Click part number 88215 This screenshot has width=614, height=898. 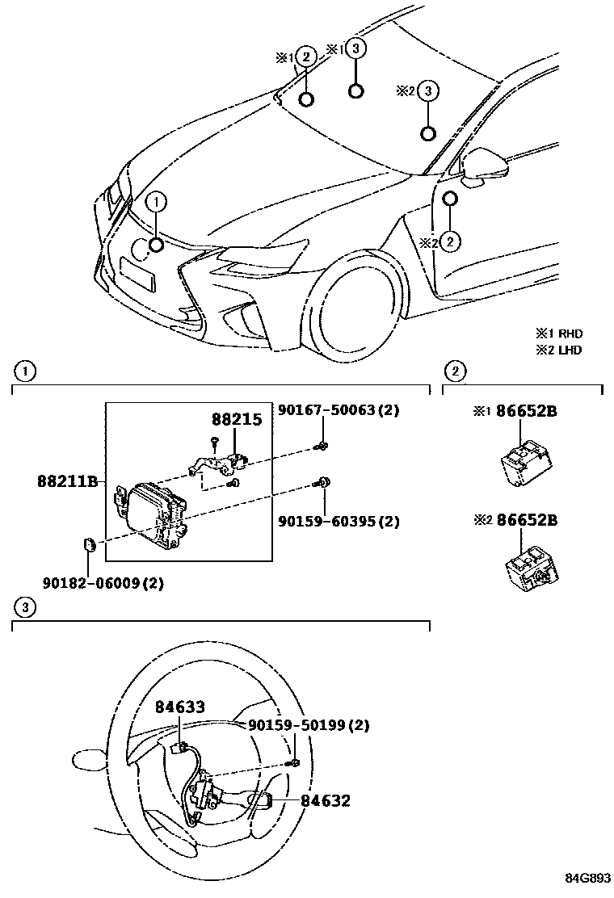coord(237,421)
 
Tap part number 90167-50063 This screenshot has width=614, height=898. coord(339,410)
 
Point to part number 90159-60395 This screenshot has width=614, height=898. coord(339,522)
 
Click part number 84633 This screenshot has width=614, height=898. coord(180,707)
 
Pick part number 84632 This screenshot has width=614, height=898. coord(326,801)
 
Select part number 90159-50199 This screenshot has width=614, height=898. coord(309,725)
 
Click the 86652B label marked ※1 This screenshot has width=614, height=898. coord(526,412)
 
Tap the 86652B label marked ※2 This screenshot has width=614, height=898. coord(526,520)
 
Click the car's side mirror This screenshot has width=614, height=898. coord(484,166)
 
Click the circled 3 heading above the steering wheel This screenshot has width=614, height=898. coord(26,606)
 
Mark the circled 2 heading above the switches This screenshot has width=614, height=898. coord(456,371)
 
